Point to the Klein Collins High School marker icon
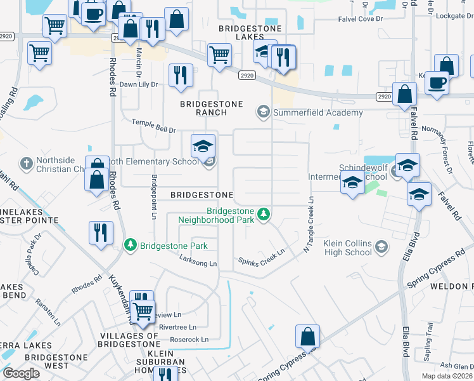pos(381,246)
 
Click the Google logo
pos(21,373)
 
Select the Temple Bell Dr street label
pos(153,126)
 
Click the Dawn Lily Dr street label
pos(139,84)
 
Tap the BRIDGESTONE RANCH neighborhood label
pos(203,108)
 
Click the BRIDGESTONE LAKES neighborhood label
pos(245,33)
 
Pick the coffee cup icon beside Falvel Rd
pos(435,83)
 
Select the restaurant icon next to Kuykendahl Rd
pos(101,234)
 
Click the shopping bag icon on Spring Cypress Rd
pos(307,336)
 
